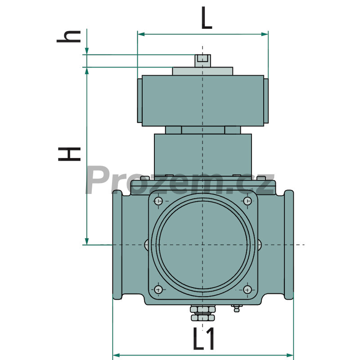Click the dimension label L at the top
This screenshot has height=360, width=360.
pyautogui.click(x=207, y=18)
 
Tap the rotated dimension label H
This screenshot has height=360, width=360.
pyautogui.click(x=69, y=154)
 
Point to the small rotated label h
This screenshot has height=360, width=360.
pyautogui.click(x=69, y=37)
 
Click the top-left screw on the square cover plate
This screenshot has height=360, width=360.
pyautogui.click(x=158, y=201)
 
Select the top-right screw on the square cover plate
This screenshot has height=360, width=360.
pyautogui.click(x=247, y=201)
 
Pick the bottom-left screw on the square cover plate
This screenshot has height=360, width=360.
pyautogui.click(x=158, y=289)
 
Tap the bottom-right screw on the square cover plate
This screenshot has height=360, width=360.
pyautogui.click(x=247, y=290)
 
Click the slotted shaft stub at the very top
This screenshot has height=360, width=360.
pyautogui.click(x=203, y=61)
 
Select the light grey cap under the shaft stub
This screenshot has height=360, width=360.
pyautogui.click(x=203, y=71)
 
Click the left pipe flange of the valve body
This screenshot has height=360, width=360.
pyautogui.click(x=117, y=245)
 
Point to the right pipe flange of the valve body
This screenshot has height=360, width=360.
pyautogui.click(x=289, y=245)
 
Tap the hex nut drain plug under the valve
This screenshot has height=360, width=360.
pyautogui.click(x=203, y=313)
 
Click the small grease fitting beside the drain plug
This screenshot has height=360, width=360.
pyautogui.click(x=237, y=308)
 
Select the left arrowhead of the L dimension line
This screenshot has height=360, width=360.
pyautogui.click(x=141, y=34)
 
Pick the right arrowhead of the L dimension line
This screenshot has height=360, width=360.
pyautogui.click(x=265, y=34)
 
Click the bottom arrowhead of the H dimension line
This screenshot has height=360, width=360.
pyautogui.click(x=87, y=241)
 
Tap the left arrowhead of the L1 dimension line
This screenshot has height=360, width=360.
pyautogui.click(x=117, y=355)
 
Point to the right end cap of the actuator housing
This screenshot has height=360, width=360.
pyautogui.click(x=266, y=101)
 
